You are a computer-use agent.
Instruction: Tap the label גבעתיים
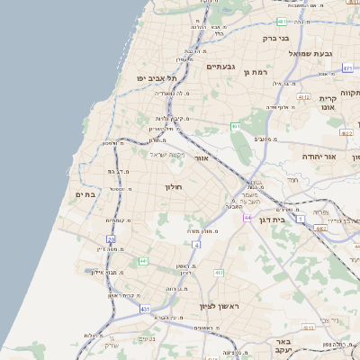tap(220, 67)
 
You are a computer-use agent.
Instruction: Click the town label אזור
tap(202, 157)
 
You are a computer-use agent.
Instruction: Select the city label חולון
tap(173, 187)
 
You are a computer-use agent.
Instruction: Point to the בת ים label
tap(85, 194)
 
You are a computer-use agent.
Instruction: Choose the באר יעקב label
tap(283, 347)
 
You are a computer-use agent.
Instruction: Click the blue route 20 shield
tap(111, 238)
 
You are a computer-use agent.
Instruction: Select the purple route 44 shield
tap(246, 217)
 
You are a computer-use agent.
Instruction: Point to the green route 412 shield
tap(219, 272)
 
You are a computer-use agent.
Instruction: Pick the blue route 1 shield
tap(301, 219)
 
